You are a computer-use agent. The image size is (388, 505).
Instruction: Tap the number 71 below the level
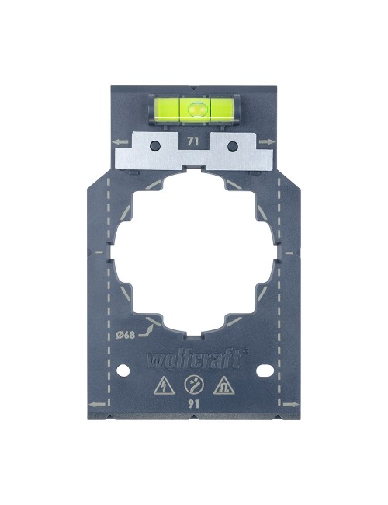tap(192, 141)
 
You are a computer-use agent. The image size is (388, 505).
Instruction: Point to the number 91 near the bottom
tap(194, 403)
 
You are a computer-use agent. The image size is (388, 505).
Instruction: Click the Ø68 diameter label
tap(125, 335)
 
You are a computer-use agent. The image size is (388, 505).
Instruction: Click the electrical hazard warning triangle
tap(164, 385)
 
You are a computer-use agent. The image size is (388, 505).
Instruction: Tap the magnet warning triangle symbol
tap(224, 385)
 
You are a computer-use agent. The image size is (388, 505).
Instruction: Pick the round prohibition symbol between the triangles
tap(194, 385)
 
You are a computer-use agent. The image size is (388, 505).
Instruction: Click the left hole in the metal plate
tap(154, 145)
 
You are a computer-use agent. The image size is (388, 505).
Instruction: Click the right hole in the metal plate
tap(232, 145)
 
